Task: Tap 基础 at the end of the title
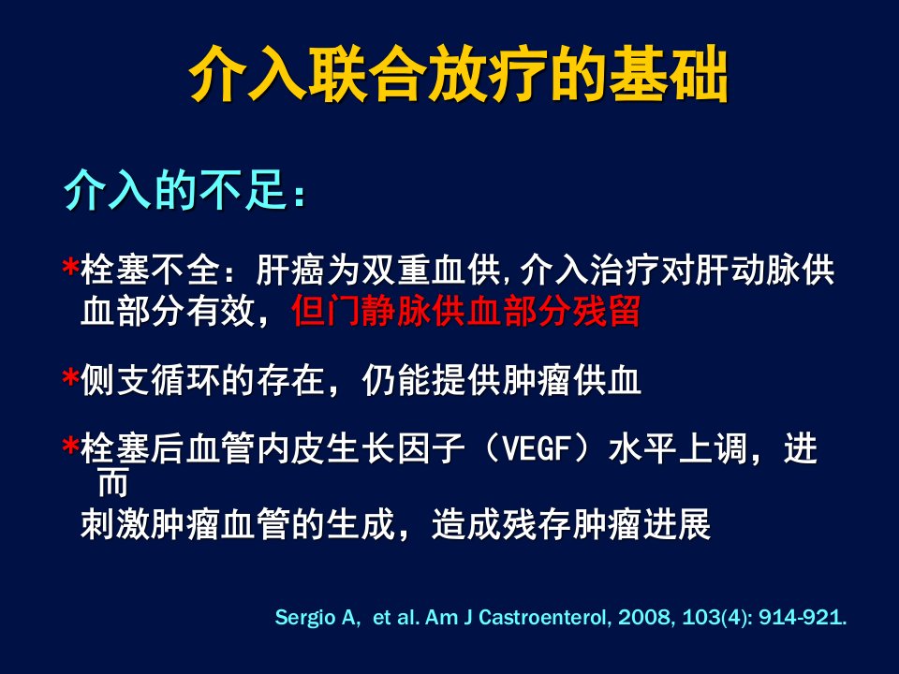click(x=669, y=74)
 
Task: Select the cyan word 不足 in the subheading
click(x=243, y=190)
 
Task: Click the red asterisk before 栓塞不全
click(x=70, y=269)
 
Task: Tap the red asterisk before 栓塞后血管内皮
click(x=70, y=447)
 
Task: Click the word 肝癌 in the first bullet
click(x=290, y=270)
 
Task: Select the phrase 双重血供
click(x=431, y=270)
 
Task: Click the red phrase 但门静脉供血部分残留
click(x=465, y=311)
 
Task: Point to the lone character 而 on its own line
click(x=113, y=483)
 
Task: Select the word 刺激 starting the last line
click(x=115, y=523)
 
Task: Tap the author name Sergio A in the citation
click(x=316, y=617)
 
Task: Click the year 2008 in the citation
click(x=645, y=617)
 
